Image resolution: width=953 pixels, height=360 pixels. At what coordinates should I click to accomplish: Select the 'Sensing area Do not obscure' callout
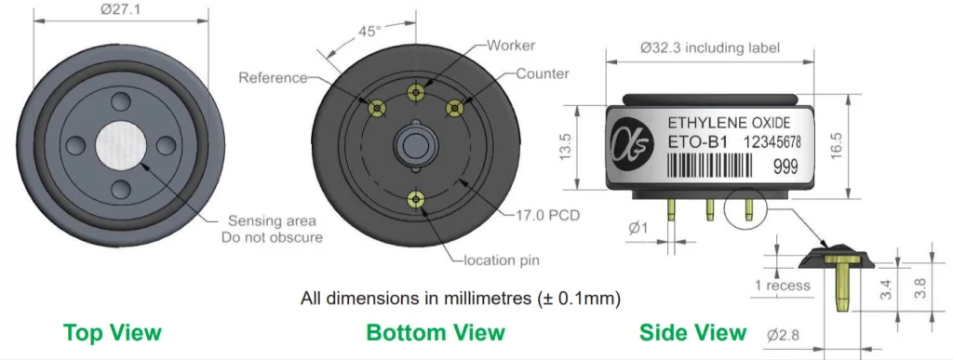[272, 228]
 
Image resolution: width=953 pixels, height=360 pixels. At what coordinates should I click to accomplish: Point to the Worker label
[511, 45]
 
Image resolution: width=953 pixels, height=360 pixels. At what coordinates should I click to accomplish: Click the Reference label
[273, 77]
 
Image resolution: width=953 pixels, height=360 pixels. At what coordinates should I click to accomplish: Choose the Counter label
[543, 73]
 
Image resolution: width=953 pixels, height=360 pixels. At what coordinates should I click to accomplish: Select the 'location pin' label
[502, 260]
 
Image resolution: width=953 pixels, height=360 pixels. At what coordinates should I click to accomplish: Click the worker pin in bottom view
[416, 93]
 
